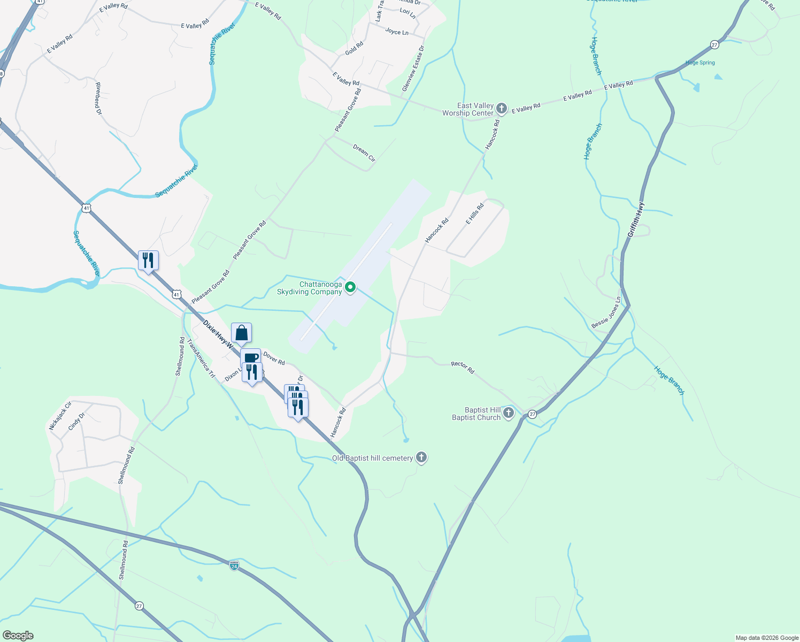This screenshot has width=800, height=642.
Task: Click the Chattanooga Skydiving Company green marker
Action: [x=350, y=288]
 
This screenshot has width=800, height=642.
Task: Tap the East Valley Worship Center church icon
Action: [x=502, y=109]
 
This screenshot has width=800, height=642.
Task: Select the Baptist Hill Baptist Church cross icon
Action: [x=509, y=413]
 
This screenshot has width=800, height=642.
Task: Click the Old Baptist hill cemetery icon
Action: [x=421, y=457]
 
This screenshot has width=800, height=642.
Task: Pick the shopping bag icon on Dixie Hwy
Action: [x=242, y=333]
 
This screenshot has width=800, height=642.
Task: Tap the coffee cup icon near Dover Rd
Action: [x=250, y=357]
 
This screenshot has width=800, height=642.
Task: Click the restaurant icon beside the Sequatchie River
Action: [x=148, y=261]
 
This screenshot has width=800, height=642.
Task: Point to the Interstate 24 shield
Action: [x=234, y=565]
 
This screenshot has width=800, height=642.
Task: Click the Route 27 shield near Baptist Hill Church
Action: [x=532, y=414]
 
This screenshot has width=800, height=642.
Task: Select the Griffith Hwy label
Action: [x=636, y=219]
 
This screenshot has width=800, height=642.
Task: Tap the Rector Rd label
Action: [x=463, y=367]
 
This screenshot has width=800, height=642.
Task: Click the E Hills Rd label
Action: [x=474, y=213]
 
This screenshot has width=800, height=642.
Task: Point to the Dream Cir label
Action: [x=364, y=153]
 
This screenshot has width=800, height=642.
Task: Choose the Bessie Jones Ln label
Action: [x=606, y=313]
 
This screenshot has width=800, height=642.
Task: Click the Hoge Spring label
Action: [x=700, y=63]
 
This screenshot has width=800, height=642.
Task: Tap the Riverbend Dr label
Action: [x=98, y=98]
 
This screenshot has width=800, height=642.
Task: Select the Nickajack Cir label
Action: [x=60, y=416]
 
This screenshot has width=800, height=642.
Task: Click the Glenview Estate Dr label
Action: [x=413, y=68]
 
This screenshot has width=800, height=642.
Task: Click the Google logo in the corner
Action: [x=18, y=636]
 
